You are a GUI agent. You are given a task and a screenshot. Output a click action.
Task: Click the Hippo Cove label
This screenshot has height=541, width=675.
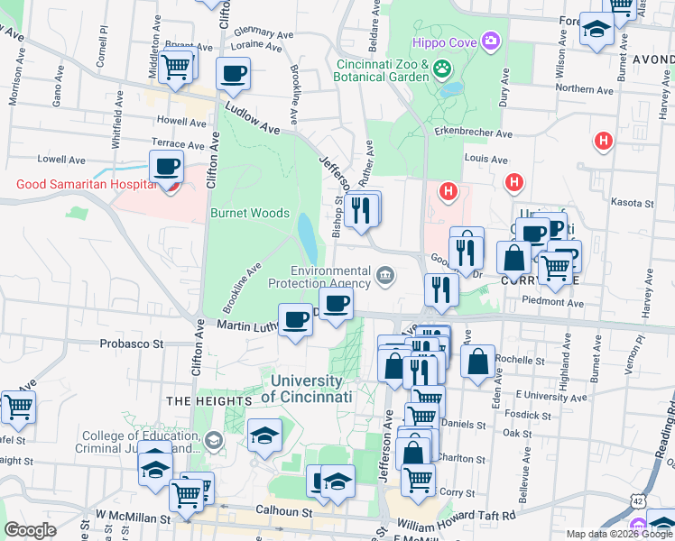(x=444, y=41)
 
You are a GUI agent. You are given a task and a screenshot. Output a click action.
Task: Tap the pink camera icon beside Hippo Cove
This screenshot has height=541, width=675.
(x=490, y=41)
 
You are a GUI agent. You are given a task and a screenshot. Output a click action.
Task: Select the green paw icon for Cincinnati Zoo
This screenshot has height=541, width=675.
(x=442, y=69)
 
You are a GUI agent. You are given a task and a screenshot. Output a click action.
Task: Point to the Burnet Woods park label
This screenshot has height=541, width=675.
(x=250, y=214)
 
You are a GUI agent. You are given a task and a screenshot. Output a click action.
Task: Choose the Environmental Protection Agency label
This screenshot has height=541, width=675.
(x=319, y=277)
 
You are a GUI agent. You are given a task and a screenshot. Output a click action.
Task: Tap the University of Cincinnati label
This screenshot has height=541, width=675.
(x=310, y=389)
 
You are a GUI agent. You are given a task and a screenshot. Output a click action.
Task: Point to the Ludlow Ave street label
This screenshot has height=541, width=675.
(x=252, y=118)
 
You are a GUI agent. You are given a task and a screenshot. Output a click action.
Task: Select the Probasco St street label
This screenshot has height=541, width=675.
(x=131, y=344)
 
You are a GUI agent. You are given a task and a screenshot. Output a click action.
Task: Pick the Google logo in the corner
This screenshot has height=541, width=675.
(x=31, y=530)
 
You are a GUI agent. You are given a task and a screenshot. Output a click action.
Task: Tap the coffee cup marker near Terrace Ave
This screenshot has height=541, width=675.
(x=167, y=167)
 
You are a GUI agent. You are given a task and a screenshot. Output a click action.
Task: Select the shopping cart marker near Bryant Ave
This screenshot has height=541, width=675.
(x=177, y=65)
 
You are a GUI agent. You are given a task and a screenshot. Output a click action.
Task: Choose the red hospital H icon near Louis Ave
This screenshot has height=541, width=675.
(x=514, y=183)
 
